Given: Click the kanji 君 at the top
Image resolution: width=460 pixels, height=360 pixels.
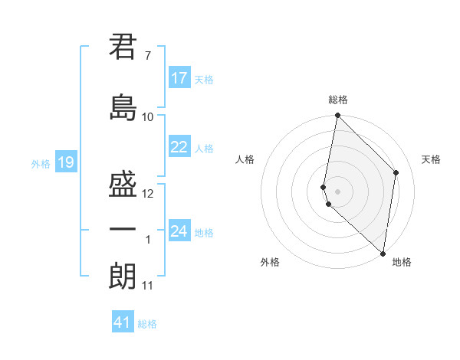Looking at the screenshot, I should pyautogui.click(x=123, y=47).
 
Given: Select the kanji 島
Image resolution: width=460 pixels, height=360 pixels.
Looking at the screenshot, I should pyautogui.click(x=123, y=108).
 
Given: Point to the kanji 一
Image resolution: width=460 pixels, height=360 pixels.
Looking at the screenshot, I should pyautogui.click(x=123, y=229).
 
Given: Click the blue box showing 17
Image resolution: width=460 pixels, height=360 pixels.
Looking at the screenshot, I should pyautogui.click(x=179, y=78).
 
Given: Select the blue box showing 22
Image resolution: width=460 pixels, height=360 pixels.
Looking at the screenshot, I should pyautogui.click(x=179, y=147).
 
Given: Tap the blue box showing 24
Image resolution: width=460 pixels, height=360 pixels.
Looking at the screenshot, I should pyautogui.click(x=179, y=231).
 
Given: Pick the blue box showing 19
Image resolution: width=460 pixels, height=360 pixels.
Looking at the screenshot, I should pyautogui.click(x=65, y=162).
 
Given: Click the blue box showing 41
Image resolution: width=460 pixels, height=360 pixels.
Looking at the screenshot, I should pyautogui.click(x=123, y=322).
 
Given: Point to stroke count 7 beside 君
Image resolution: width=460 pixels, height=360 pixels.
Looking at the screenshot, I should pyautogui.click(x=147, y=56).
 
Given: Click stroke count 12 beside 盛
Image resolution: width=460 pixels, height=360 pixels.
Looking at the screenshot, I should pyautogui.click(x=148, y=194).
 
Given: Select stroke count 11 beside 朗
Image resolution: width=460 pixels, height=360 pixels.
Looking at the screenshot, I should pyautogui.click(x=148, y=286).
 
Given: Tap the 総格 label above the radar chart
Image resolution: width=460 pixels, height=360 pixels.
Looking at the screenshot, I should pyautogui.click(x=338, y=100).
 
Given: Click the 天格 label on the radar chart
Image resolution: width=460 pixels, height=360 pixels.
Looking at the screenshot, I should pyautogui.click(x=432, y=159).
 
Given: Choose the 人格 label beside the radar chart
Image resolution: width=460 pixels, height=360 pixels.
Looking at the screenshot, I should pyautogui.click(x=245, y=159).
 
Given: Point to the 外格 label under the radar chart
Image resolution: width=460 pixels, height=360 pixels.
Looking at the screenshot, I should pyautogui.click(x=270, y=262).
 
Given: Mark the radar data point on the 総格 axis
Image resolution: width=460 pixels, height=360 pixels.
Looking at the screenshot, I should pyautogui.click(x=337, y=116).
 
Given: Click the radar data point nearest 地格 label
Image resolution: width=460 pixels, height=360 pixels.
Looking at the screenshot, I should pyautogui.click(x=383, y=254).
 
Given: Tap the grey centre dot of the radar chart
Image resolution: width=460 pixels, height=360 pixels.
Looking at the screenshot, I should pyautogui.click(x=337, y=191).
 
